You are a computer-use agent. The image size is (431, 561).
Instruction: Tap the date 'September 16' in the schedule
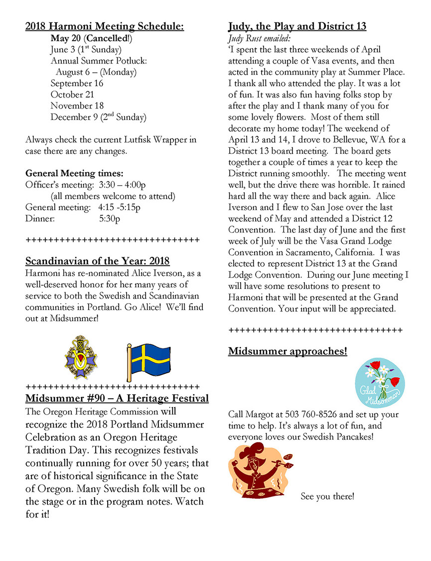[x=77, y=83]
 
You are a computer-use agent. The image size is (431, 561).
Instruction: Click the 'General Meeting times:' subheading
[x=74, y=174]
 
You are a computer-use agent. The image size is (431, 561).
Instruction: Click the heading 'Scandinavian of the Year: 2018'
[x=97, y=261]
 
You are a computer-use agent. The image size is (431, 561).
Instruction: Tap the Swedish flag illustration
[x=148, y=360]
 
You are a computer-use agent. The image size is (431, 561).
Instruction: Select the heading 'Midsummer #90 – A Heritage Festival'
[x=117, y=399]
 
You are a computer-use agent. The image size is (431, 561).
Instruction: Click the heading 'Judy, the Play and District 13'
[x=297, y=26]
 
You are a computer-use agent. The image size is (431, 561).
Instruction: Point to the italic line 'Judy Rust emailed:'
[x=259, y=38]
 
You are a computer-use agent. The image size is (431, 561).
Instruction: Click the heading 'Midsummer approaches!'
[x=287, y=351]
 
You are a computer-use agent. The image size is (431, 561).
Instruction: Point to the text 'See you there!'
[x=327, y=496]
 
